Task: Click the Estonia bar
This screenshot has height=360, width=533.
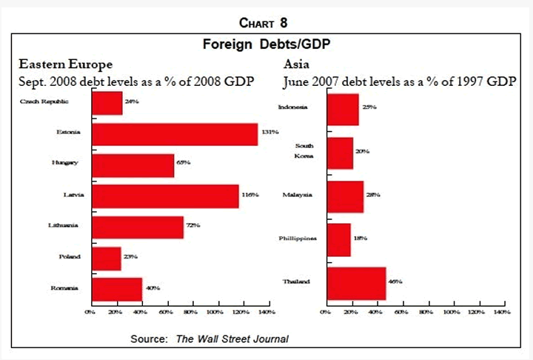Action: (175, 134)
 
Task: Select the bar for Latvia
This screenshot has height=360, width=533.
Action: (165, 196)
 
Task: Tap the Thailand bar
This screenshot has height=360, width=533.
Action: (356, 282)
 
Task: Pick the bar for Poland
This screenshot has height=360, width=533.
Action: (106, 258)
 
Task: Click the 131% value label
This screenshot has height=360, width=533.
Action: (269, 132)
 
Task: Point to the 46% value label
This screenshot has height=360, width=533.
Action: (396, 282)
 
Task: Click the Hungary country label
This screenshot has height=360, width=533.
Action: (68, 163)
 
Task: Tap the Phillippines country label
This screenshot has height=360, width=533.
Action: (298, 239)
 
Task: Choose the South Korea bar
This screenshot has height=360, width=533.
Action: (340, 152)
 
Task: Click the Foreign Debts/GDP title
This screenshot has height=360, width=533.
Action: (266, 44)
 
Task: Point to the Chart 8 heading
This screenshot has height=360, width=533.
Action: (266, 20)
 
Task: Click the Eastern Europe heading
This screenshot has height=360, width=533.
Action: (66, 63)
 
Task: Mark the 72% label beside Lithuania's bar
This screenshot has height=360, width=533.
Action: (194, 224)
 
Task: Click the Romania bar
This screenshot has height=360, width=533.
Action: (116, 288)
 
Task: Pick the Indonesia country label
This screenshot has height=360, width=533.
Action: (293, 107)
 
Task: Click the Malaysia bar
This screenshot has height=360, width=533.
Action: (344, 196)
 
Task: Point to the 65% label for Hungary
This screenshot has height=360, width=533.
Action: (184, 161)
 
